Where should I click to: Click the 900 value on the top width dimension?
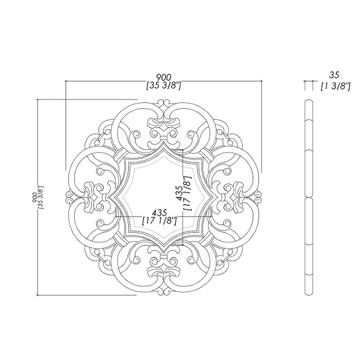click(164, 77)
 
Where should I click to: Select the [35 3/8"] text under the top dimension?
click(164, 86)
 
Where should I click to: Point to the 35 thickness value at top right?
click(334, 75)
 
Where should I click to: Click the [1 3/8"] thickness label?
click(335, 86)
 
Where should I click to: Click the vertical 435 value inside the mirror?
click(179, 193)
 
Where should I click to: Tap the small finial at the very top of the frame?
click(164, 104)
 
